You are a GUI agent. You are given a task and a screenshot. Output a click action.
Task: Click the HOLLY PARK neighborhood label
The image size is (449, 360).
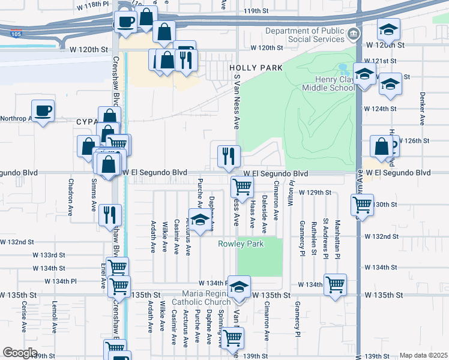point(256,68)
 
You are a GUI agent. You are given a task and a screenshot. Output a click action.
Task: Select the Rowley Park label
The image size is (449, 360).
point(241,244)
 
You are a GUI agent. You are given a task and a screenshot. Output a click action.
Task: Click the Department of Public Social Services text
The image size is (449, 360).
point(306,35)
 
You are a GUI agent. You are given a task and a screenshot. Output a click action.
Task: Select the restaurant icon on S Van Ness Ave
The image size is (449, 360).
point(228,157)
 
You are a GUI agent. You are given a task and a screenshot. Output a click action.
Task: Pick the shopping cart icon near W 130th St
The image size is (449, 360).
point(362,205)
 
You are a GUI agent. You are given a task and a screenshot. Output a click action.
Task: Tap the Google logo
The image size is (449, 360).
point(20,353)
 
